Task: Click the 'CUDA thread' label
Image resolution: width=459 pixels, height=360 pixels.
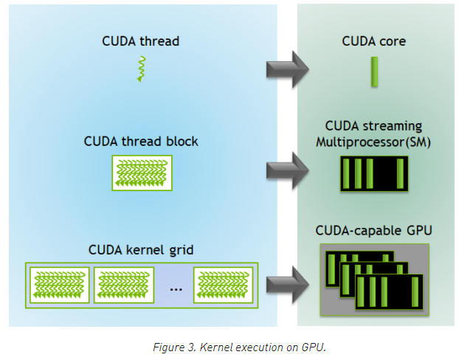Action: (140, 41)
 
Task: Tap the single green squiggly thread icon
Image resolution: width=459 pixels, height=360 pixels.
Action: (142, 69)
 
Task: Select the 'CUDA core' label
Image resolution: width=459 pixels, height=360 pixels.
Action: (374, 41)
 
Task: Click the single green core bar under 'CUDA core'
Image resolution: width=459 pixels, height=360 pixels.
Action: (374, 72)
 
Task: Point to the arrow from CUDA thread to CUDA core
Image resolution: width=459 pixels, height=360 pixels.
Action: (288, 69)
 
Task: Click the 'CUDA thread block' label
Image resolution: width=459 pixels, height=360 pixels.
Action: (141, 142)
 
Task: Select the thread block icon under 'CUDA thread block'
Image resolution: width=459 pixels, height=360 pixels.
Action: (142, 173)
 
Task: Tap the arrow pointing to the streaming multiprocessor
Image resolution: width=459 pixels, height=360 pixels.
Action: (288, 170)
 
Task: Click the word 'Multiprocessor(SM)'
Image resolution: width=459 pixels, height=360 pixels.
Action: (373, 142)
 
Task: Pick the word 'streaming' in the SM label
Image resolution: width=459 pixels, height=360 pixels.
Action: (393, 126)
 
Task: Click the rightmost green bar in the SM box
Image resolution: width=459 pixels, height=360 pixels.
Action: (400, 173)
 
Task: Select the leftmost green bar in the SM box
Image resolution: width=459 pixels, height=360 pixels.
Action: (346, 173)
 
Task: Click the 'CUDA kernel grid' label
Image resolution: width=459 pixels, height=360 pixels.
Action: (141, 250)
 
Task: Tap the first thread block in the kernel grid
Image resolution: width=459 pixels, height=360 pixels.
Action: (60, 285)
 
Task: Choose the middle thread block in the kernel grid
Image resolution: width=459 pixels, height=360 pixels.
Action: (124, 285)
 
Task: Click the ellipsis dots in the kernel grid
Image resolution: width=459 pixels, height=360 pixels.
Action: (176, 290)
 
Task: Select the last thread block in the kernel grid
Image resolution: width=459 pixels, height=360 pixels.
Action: (223, 285)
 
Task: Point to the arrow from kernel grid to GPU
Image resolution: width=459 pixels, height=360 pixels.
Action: (288, 285)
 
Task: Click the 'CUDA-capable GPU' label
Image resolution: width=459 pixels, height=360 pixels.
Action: (374, 231)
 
